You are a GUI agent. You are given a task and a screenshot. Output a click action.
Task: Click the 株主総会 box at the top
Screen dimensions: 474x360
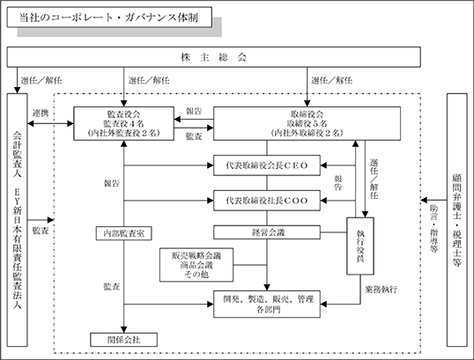pos(213,57)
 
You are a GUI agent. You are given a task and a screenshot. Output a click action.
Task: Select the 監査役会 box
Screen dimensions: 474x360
pos(123,123)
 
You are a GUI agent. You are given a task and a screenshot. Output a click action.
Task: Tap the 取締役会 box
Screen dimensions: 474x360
pos(307,123)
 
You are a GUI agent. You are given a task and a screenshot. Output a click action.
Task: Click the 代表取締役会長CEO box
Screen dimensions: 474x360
pos(267,165)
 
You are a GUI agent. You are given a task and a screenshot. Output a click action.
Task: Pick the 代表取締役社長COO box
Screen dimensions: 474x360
pos(267,201)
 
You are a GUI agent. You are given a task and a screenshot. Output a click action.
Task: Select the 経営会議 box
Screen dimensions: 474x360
pos(267,232)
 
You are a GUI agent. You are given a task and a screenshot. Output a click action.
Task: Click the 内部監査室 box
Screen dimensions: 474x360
pos(123,233)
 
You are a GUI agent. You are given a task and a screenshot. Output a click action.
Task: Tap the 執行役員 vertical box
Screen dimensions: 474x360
pos(360,246)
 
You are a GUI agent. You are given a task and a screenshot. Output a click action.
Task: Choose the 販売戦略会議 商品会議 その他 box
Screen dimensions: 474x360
pos(196,265)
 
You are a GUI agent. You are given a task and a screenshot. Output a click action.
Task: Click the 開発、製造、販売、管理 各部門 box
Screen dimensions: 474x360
pos(267,305)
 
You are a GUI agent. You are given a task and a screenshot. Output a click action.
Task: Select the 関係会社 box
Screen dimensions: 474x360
pos(123,340)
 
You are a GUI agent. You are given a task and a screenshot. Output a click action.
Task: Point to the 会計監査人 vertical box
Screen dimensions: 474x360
pos(18,220)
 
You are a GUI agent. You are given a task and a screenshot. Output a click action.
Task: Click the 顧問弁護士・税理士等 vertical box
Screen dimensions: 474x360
pos(456,220)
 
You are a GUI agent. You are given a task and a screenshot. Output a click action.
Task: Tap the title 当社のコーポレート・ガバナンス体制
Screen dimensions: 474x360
pos(109,18)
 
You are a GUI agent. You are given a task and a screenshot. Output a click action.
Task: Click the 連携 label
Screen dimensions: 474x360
pos(41,114)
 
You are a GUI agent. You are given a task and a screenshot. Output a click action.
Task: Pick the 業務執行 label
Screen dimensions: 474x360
pos(381,290)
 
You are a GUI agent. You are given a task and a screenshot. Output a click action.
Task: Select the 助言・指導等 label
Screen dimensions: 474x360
pos(434,229)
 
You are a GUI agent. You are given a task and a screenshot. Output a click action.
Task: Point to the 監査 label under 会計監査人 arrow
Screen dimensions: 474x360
pos(41,231)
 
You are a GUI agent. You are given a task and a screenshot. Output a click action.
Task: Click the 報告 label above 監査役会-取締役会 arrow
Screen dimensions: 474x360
pos(194,112)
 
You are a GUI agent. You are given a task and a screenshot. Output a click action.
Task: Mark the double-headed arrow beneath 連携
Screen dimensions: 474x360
pos(50,123)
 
